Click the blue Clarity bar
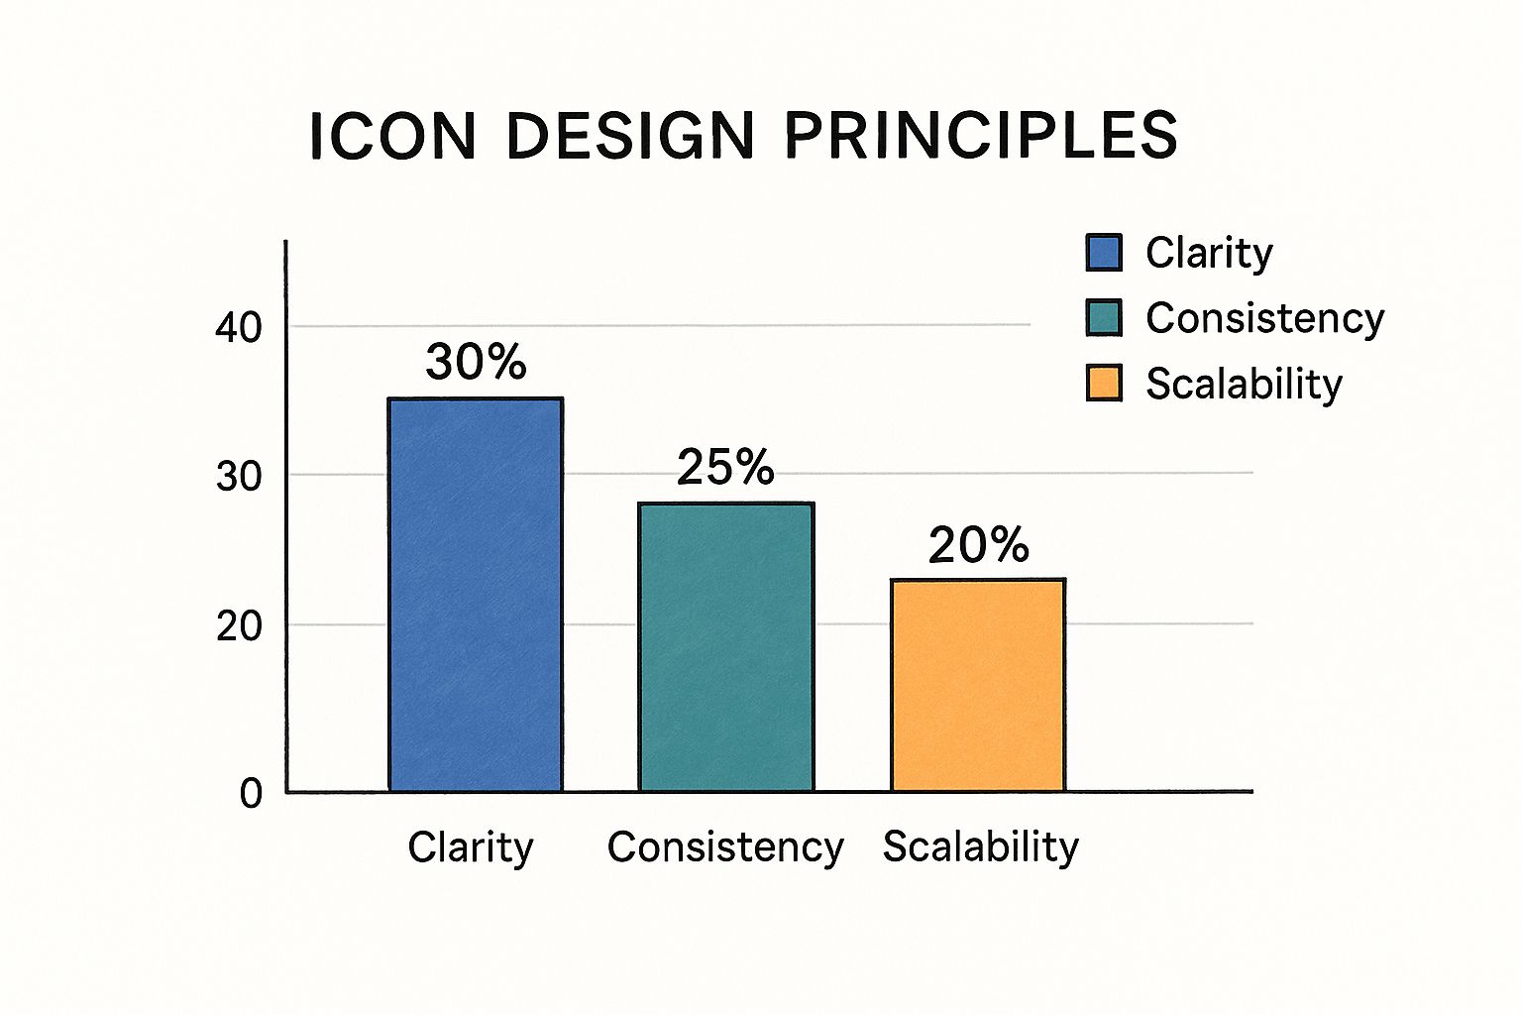pyautogui.click(x=475, y=594)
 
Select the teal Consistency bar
pyautogui.click(x=725, y=646)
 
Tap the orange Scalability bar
pyautogui.click(x=978, y=685)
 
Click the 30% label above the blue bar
pyautogui.click(x=476, y=361)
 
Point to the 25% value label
pyautogui.click(x=725, y=467)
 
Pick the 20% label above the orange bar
pyautogui.click(x=978, y=544)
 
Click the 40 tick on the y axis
pyautogui.click(x=239, y=328)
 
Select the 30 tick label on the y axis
pyautogui.click(x=239, y=477)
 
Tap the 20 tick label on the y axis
pyautogui.click(x=239, y=626)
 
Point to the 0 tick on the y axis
pyautogui.click(x=251, y=793)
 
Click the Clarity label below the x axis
pyautogui.click(x=471, y=848)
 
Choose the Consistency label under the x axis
pyautogui.click(x=725, y=848)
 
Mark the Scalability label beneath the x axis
pyautogui.click(x=980, y=847)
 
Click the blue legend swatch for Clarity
pyautogui.click(x=1104, y=252)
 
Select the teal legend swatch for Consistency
pyautogui.click(x=1104, y=317)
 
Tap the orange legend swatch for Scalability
pyautogui.click(x=1104, y=383)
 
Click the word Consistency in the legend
pyautogui.click(x=1265, y=318)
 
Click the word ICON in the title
pyautogui.click(x=392, y=136)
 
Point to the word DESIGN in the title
pyautogui.click(x=630, y=136)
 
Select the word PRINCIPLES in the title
pyautogui.click(x=980, y=136)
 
